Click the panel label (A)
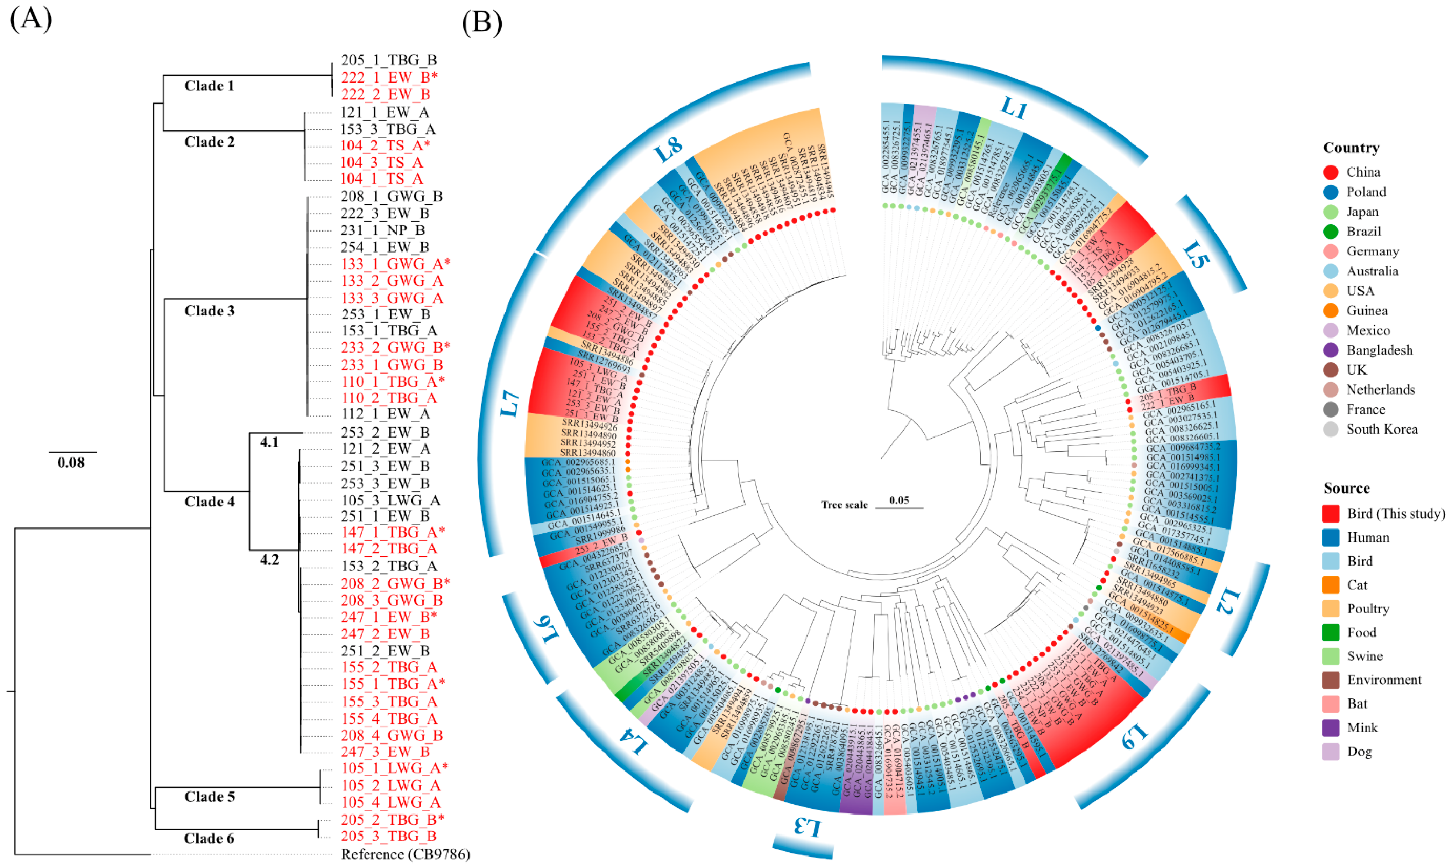click(31, 19)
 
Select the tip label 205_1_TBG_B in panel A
click(389, 60)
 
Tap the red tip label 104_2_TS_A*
click(385, 145)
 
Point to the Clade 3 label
click(209, 311)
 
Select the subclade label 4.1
click(269, 442)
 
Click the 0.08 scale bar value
click(71, 463)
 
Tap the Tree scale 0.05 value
click(899, 500)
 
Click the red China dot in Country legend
click(1331, 172)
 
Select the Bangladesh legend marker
click(1331, 350)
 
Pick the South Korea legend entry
click(1382, 429)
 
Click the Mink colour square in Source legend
click(1331, 728)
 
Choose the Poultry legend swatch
click(1331, 609)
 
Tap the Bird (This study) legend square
click(1331, 513)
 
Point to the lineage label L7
click(510, 403)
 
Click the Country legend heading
click(1351, 148)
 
